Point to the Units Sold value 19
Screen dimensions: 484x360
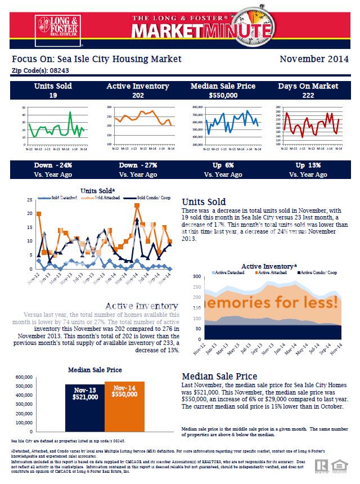pyautogui.click(x=52, y=95)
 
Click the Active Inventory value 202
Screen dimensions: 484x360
pyautogui.click(x=138, y=95)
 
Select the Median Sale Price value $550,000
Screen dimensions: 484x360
pyautogui.click(x=223, y=95)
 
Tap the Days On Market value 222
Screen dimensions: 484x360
pyautogui.click(x=308, y=95)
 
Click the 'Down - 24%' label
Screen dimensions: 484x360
pyautogui.click(x=52, y=166)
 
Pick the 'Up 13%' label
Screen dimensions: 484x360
pyautogui.click(x=308, y=166)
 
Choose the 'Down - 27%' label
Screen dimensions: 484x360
pyautogui.click(x=138, y=166)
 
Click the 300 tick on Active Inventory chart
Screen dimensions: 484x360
pyautogui.click(x=196, y=277)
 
